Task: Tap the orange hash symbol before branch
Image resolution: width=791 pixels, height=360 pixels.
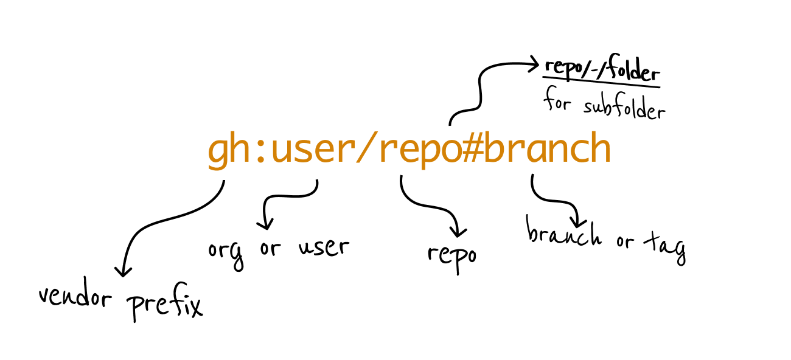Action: (467, 150)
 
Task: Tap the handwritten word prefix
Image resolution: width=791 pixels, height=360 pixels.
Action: (164, 306)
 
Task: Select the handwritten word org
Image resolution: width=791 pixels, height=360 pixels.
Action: (226, 252)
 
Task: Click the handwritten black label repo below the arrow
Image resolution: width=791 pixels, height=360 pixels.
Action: (451, 255)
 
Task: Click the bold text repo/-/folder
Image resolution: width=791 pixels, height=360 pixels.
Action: (601, 72)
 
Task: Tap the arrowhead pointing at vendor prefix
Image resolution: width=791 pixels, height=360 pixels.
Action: (123, 271)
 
